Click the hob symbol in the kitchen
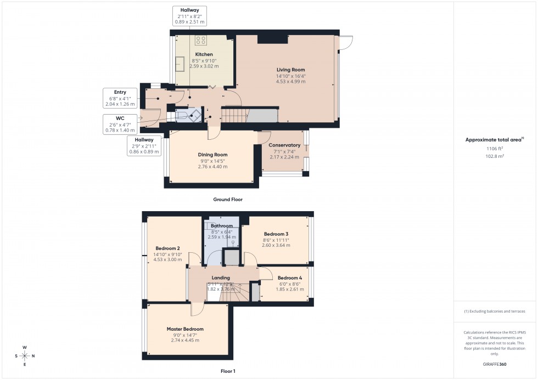click(201, 40)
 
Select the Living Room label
click(290, 70)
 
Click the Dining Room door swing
click(215, 132)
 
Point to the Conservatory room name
click(284, 145)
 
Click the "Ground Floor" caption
click(227, 200)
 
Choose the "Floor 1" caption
click(227, 371)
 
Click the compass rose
click(25, 355)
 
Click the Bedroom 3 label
click(276, 234)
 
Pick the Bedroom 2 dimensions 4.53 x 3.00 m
click(168, 260)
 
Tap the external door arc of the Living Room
click(346, 43)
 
